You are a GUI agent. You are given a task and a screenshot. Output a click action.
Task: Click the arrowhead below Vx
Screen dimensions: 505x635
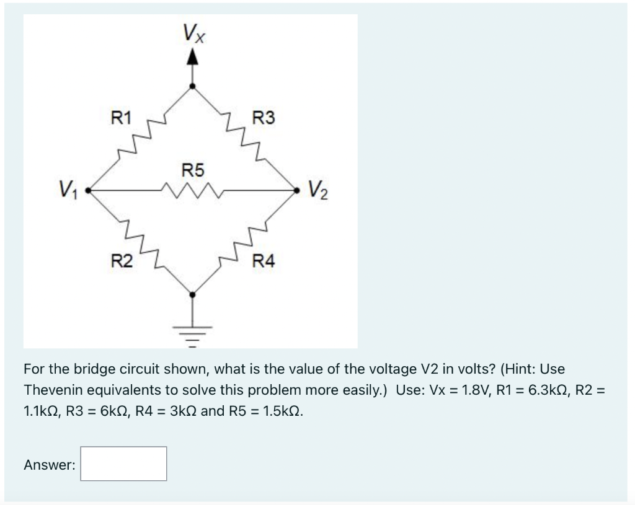coord(193,58)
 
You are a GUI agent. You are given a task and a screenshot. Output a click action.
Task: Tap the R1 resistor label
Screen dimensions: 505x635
coord(121,116)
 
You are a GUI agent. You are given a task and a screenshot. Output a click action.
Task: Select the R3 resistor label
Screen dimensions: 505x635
coord(265,117)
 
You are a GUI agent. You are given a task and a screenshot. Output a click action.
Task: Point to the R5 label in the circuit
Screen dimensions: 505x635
coord(193,169)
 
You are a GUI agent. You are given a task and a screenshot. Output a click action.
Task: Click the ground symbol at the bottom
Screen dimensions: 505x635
coord(193,332)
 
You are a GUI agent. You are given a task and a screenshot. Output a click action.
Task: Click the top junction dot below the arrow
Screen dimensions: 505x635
coord(193,86)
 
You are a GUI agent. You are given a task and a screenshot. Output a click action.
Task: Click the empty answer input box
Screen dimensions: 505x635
coord(123,463)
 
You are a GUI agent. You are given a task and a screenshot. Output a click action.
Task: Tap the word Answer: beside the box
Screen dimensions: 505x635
coord(50,464)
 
